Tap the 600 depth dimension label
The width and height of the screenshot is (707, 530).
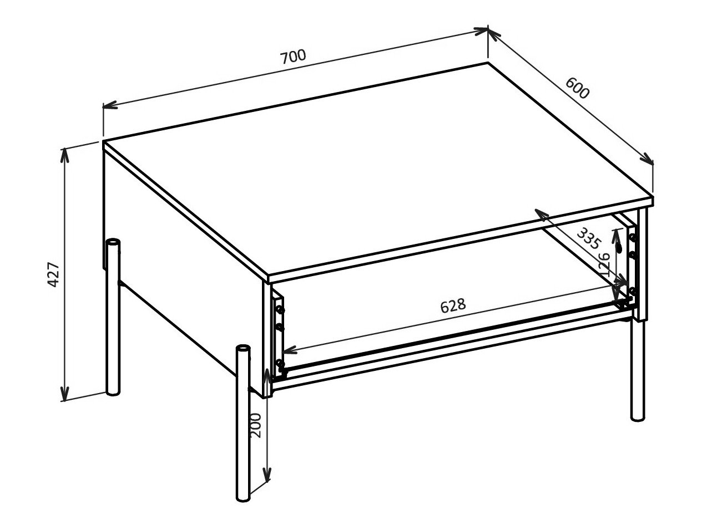tap(577, 87)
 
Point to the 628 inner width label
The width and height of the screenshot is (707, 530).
tap(452, 306)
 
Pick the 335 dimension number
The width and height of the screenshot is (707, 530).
tap(588, 237)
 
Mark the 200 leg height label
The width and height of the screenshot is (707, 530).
tap(255, 425)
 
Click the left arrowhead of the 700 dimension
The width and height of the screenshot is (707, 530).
tap(109, 105)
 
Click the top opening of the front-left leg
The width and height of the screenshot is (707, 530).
tap(243, 349)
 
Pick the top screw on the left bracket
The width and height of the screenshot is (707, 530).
tap(280, 308)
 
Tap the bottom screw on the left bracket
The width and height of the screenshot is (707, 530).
tap(279, 364)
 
